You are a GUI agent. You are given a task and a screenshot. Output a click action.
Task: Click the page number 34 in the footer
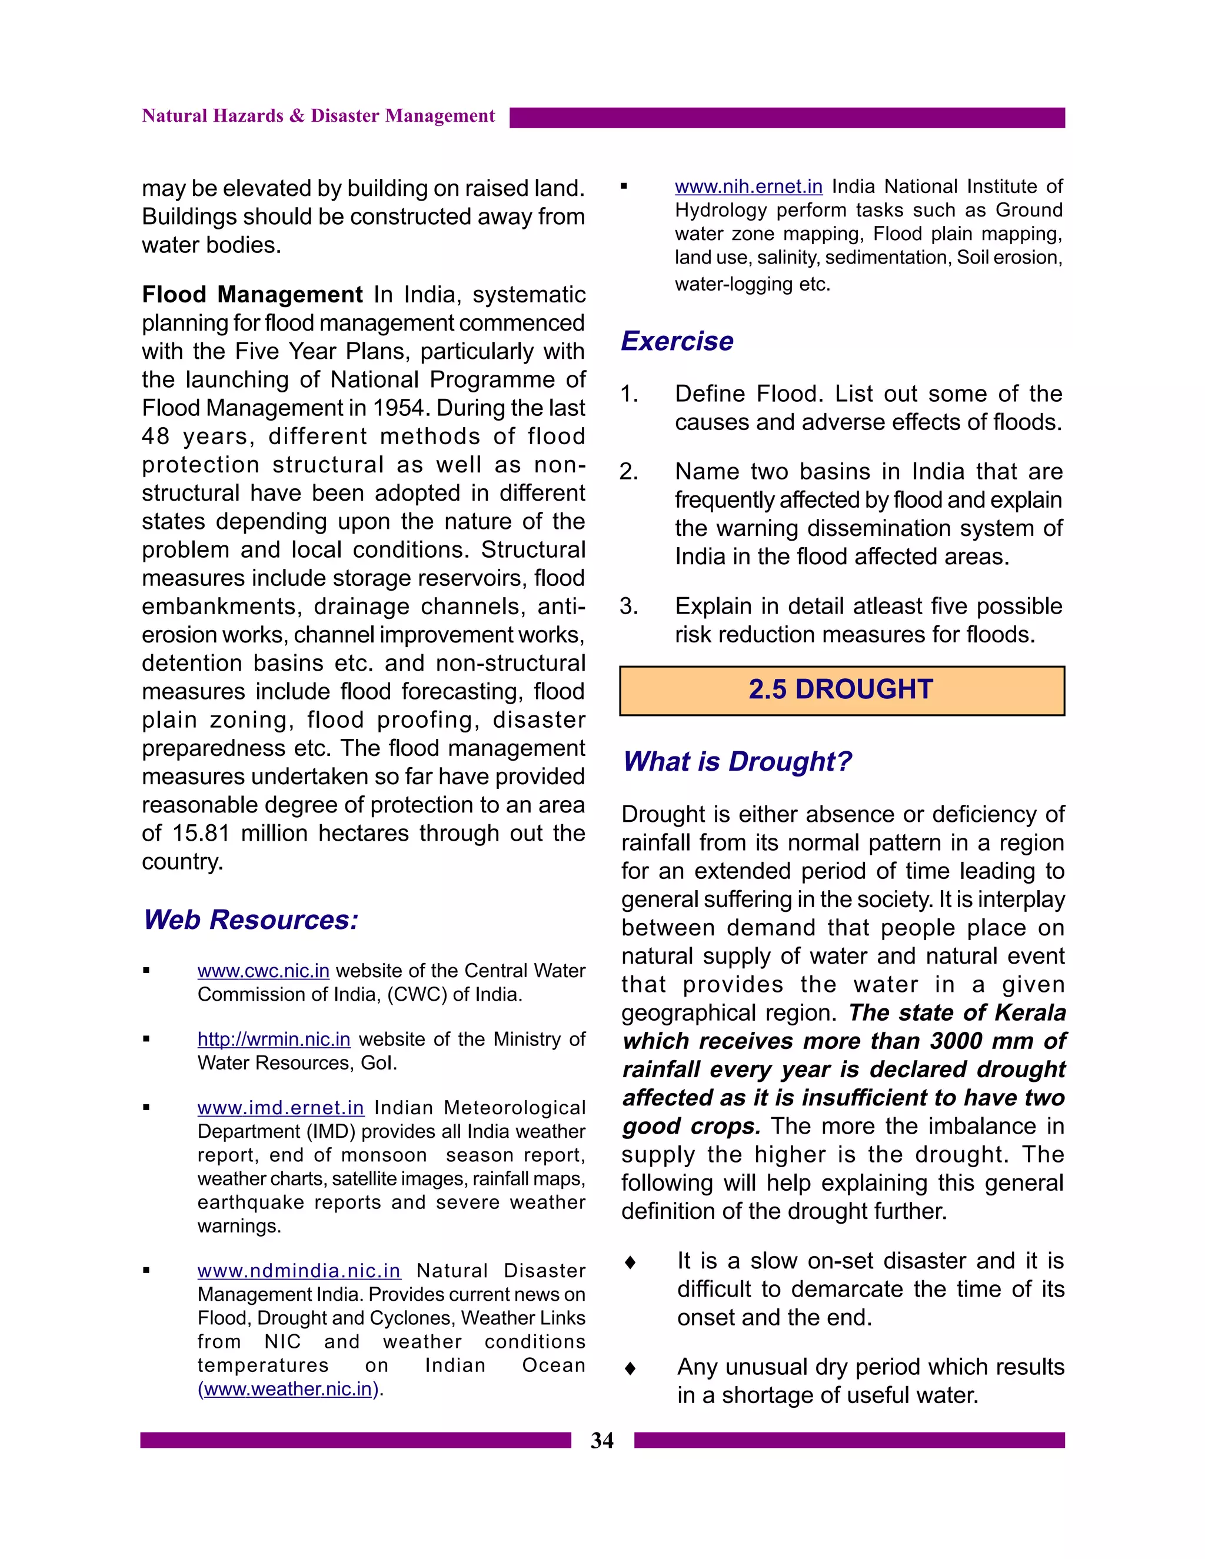(602, 1441)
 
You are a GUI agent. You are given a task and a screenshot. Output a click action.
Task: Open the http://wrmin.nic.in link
(274, 1040)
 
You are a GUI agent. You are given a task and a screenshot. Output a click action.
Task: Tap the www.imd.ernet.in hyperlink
(281, 1108)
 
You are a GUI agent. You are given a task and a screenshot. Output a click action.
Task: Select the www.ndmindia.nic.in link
(298, 1271)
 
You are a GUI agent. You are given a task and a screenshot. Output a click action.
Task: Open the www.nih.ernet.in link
(748, 187)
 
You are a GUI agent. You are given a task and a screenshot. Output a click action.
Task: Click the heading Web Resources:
(251, 920)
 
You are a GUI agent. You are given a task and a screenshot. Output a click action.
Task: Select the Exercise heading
(677, 341)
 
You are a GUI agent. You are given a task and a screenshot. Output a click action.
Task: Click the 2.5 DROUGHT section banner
(841, 689)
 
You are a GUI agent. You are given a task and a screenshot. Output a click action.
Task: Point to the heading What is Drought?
(737, 762)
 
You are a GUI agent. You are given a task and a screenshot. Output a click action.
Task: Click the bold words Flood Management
(252, 294)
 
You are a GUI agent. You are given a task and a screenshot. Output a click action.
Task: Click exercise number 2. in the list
(628, 472)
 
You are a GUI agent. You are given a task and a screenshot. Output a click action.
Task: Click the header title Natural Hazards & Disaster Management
(318, 116)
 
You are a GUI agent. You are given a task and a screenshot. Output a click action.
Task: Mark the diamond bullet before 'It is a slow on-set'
(630, 1262)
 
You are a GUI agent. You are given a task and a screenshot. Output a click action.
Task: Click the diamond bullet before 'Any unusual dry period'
(630, 1368)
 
